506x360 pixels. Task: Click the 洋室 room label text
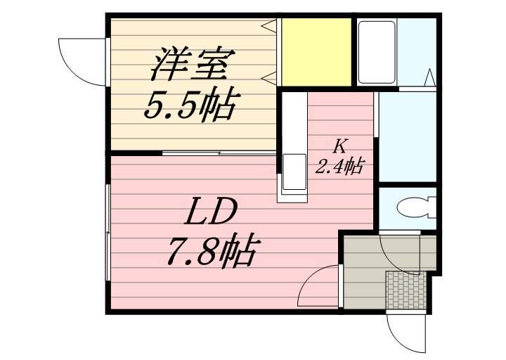coord(188,65)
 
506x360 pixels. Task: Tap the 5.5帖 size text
coord(188,105)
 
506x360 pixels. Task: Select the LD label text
coord(212,212)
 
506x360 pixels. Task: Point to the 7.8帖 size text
coord(212,250)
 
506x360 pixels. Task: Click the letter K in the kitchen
coord(340,147)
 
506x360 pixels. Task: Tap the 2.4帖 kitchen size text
coord(340,167)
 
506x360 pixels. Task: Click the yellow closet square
coord(316,53)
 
